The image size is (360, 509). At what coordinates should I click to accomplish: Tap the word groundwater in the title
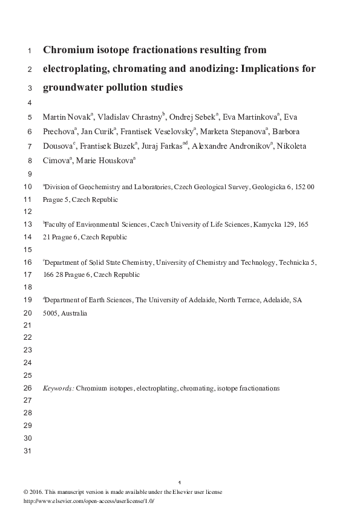pyautogui.click(x=73, y=87)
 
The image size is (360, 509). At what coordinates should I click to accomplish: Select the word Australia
pyautogui.click(x=74, y=313)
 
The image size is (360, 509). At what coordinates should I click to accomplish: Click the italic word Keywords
pyautogui.click(x=58, y=387)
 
